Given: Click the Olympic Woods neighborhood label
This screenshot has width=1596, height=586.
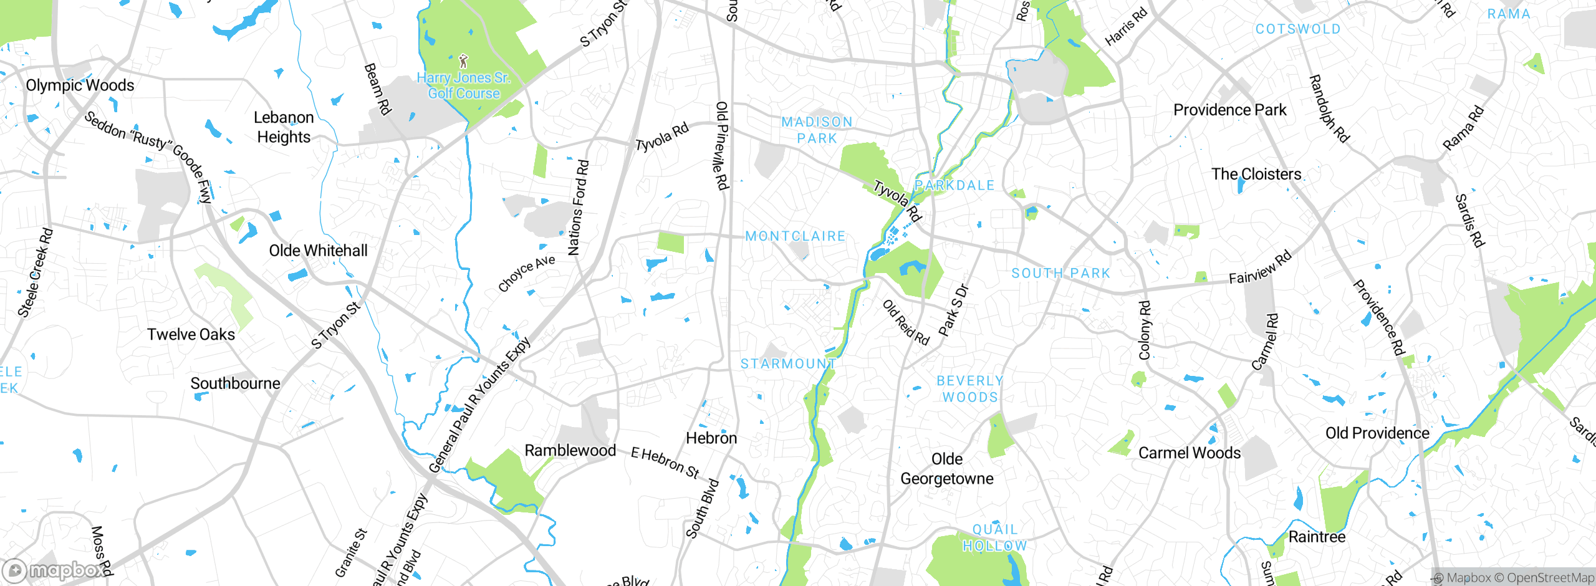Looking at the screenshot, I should point(80,85).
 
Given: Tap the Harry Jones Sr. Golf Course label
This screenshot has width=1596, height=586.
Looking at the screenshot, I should point(464,86).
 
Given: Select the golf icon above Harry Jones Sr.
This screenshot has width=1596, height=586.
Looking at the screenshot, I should point(463,61).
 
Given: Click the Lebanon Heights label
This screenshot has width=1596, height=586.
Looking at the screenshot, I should point(284,127).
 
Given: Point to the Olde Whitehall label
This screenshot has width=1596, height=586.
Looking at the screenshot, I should point(318,251).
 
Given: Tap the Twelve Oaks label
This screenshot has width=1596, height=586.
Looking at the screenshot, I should point(191,335).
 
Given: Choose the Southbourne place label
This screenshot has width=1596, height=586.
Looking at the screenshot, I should point(235,383).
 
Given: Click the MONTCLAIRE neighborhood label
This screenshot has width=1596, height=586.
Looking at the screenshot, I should point(796,236).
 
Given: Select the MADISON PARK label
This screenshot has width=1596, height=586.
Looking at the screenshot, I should point(817,130).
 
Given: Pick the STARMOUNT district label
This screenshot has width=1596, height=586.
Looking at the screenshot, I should point(788,364).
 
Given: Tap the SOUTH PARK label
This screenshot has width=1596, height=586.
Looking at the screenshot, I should point(1060,273).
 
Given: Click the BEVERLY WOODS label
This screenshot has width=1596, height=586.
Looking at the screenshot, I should point(970,389).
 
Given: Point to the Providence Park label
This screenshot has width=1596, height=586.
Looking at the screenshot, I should point(1229,110).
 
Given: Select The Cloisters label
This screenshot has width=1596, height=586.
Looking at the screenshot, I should point(1256,175).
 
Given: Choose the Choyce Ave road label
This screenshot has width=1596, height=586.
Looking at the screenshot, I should point(526,274).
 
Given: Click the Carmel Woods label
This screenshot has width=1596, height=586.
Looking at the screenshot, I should point(1190,453).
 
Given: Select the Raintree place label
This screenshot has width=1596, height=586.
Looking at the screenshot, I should point(1317,537).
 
